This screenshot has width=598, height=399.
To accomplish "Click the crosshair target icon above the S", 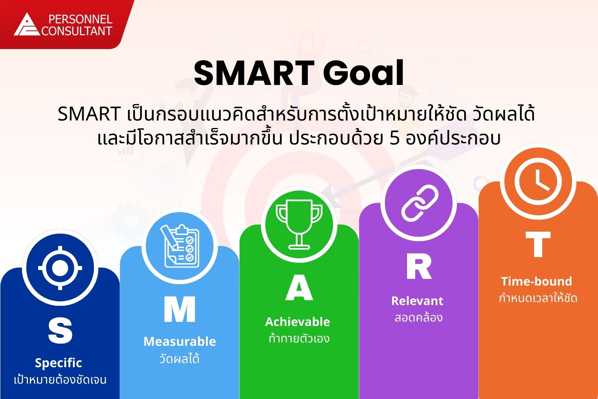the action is tap(60, 268).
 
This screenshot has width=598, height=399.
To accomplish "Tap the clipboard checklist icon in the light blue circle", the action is tap(180, 246).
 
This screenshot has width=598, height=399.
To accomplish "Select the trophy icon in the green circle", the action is tap(299, 225).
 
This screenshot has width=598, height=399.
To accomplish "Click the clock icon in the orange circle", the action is tap(538, 182).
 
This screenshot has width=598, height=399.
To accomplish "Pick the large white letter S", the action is tap(60, 331).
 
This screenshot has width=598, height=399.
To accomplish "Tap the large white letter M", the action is tap(180, 310).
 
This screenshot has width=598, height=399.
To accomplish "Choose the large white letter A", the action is tap(299, 288).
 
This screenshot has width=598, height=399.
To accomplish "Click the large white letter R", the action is tap(419, 266).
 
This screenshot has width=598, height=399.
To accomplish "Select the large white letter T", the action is tap(538, 244).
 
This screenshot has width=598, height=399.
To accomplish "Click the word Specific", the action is tap(58, 363).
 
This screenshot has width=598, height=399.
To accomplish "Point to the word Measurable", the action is tap(180, 341).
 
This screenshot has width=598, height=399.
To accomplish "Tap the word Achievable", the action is tap(298, 322).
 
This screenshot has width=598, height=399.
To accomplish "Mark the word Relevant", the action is tap(417, 301).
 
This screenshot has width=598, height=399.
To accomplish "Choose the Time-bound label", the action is tap(537, 281).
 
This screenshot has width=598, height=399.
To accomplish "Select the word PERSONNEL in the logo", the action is tap(80, 19).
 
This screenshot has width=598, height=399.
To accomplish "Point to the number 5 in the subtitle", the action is tap(394, 138).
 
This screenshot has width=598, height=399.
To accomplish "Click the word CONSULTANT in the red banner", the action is tap(77, 31).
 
